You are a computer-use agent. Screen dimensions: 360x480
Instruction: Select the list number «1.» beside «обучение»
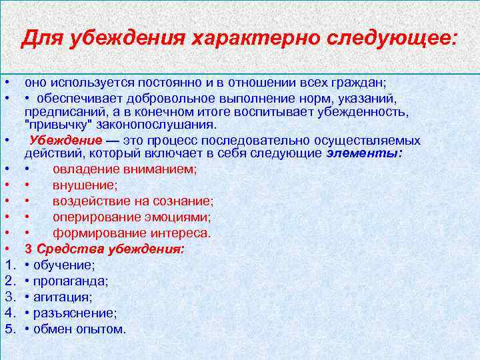(10, 265)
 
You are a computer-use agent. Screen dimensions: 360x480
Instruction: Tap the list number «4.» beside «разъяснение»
(10, 313)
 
